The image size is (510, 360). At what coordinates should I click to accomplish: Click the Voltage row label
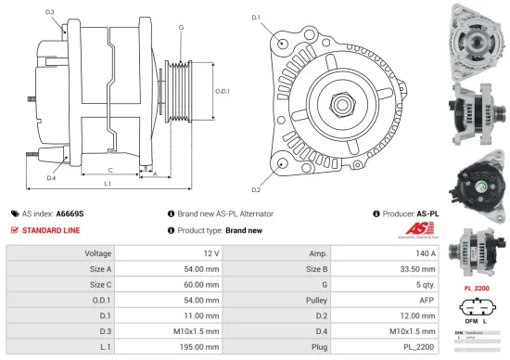point(98,253)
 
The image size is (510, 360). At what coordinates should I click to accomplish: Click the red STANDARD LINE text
point(51,230)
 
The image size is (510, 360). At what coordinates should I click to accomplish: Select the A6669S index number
point(69,212)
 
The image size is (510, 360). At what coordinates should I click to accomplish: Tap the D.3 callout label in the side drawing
point(49,12)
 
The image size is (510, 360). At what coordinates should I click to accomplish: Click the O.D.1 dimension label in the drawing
point(223,91)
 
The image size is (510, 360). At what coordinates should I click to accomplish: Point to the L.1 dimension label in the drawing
point(108,184)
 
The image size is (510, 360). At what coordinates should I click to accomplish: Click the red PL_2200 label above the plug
point(476,288)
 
